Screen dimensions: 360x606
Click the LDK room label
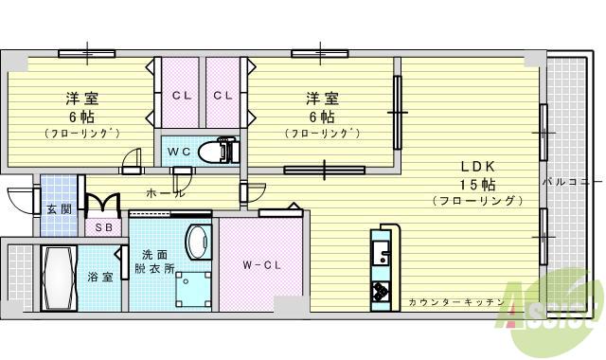tap(477, 164)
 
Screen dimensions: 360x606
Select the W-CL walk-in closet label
tap(258, 264)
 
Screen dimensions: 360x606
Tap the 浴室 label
tap(100, 277)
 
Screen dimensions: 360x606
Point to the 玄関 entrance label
tap(58, 207)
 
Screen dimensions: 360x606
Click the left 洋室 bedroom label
tap(82, 98)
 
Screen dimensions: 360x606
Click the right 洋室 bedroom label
tap(321, 98)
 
